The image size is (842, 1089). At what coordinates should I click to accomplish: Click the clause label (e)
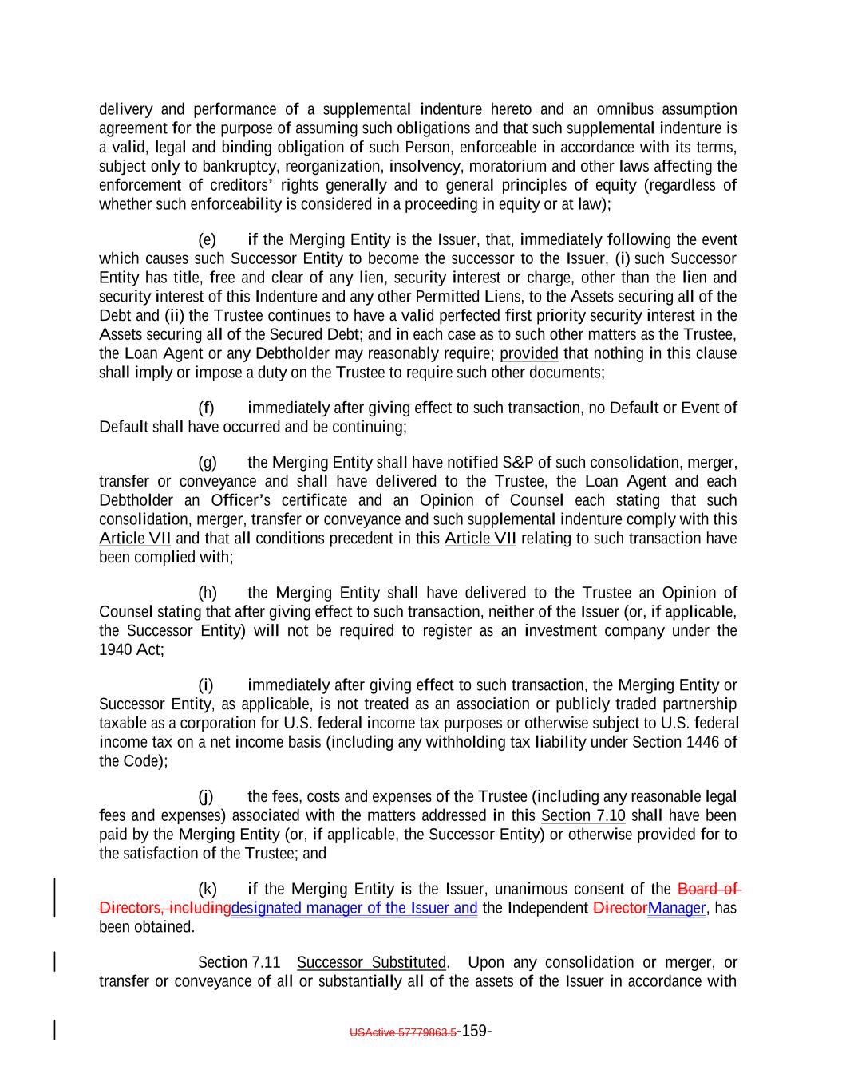coord(207,240)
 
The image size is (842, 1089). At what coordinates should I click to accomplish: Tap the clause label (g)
coord(207,463)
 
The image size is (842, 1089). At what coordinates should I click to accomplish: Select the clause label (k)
coord(207,890)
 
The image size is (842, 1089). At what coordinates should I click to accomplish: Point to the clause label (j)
coord(207,797)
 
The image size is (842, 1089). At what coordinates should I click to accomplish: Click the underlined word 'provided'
coord(529,354)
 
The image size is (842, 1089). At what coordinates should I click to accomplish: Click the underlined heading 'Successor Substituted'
coord(371,963)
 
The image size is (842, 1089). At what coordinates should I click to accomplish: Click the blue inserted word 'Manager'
coord(677,909)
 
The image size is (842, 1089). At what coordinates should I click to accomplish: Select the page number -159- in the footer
coord(474,1031)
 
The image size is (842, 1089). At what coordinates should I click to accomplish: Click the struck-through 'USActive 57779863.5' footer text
coord(403,1032)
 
